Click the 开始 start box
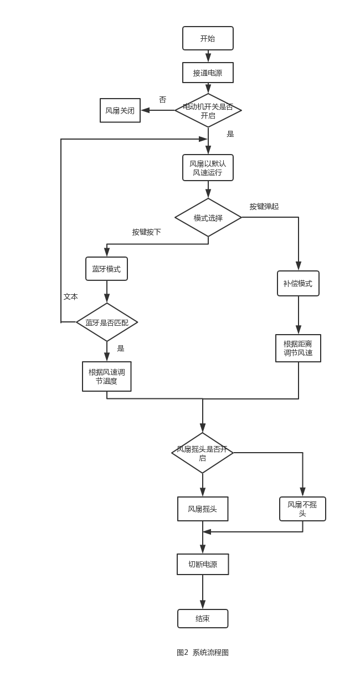tap(208, 38)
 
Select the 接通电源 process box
tap(208, 73)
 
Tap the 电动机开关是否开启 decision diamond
tap(208, 110)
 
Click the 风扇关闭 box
tap(120, 110)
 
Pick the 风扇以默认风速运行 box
tap(208, 167)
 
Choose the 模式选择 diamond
tap(208, 218)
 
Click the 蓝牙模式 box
tap(106, 269)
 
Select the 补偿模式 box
tap(298, 283)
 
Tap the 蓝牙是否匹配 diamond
tap(107, 322)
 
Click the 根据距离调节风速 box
tap(298, 348)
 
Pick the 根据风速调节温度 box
tap(107, 376)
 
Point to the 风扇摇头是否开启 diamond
tap(202, 453)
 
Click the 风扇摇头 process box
tap(203, 509)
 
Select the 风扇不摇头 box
tap(302, 509)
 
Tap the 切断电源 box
tap(203, 564)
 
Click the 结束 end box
tap(203, 618)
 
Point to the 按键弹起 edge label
tap(264, 206)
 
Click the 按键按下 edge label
tap(146, 232)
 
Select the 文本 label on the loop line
tap(70, 296)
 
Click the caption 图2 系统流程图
tap(203, 652)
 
